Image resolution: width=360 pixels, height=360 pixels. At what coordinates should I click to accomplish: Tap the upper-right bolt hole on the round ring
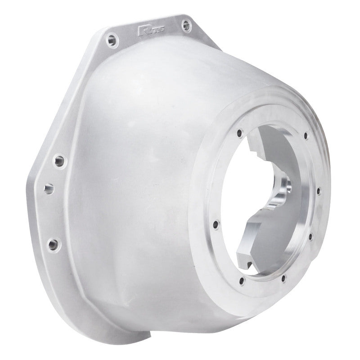pyautogui.click(x=306, y=135)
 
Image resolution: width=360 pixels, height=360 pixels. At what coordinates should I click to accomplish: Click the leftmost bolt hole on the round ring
pyautogui.click(x=216, y=224)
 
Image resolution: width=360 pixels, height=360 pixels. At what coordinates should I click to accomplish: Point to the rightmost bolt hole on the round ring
pyautogui.click(x=319, y=191)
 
